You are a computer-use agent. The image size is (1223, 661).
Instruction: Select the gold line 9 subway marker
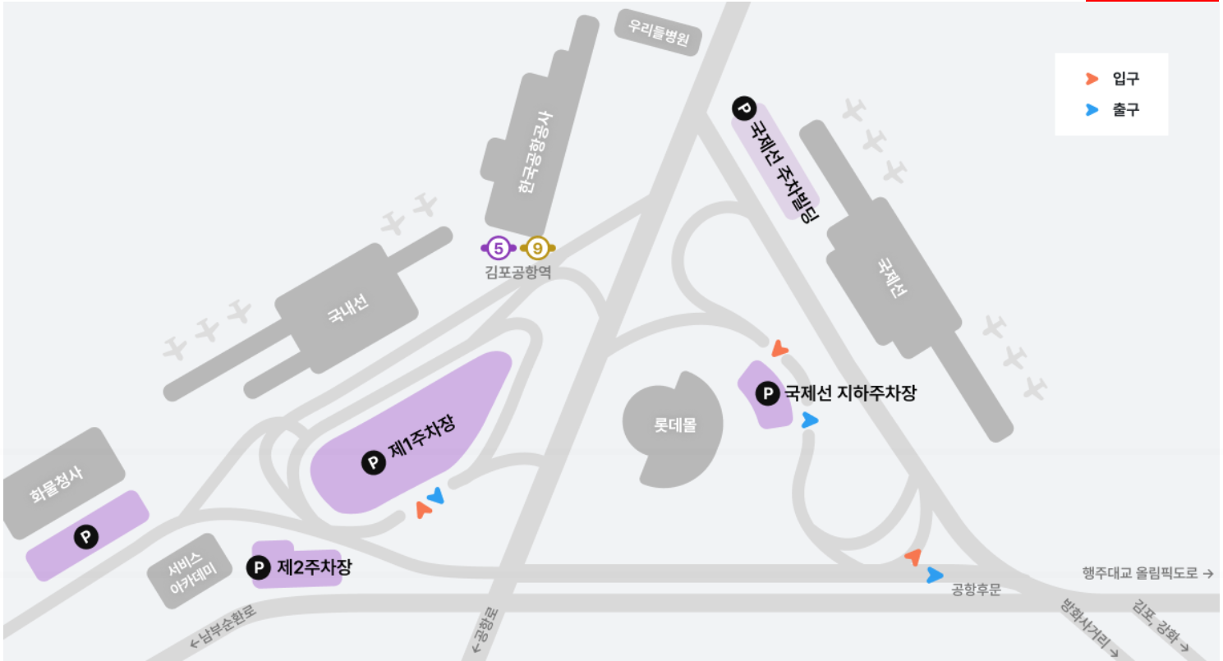536,246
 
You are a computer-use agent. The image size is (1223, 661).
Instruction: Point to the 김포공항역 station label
517,271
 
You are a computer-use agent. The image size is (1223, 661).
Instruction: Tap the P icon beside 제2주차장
260,567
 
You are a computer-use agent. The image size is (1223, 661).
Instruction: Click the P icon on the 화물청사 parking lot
86,538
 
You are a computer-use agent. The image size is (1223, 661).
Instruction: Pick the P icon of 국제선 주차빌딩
743,108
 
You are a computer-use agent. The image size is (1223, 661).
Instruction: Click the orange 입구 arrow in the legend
1092,79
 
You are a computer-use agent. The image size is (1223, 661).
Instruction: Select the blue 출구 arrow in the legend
1092,109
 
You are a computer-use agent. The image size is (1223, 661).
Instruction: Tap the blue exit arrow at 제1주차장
435,495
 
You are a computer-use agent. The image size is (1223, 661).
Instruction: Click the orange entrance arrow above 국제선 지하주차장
779,350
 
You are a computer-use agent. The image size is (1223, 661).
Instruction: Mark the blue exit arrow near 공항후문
934,575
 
